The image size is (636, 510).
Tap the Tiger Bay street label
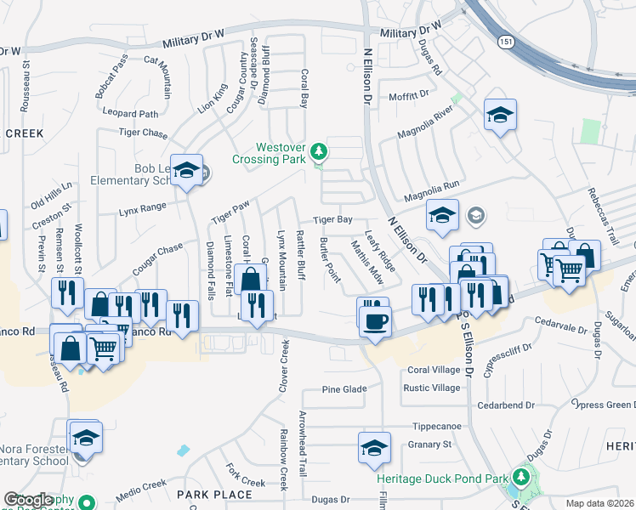[x=332, y=219]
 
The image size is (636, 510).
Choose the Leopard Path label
[x=130, y=113]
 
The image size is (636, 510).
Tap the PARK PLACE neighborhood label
[x=214, y=494]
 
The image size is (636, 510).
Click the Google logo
[x=28, y=501]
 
